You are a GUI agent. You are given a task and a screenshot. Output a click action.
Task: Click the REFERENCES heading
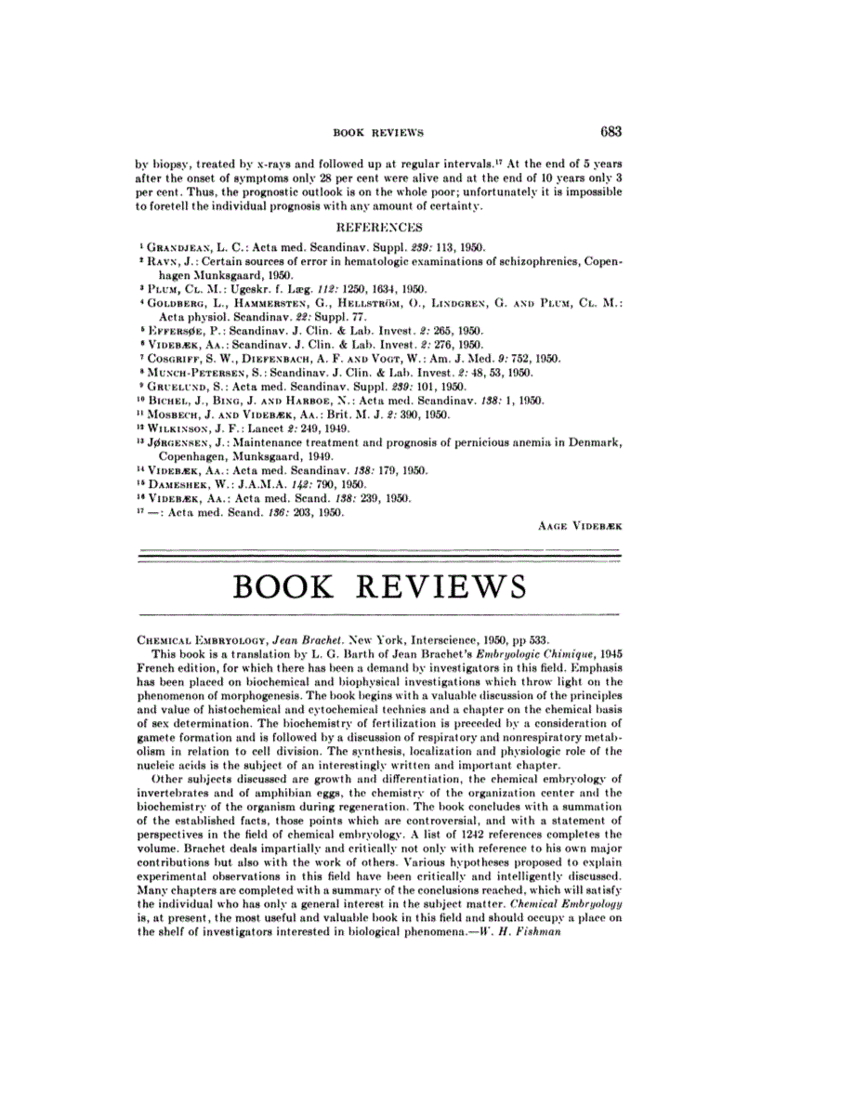tap(378, 227)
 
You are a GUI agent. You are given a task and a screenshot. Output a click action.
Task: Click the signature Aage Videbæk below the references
tap(580, 525)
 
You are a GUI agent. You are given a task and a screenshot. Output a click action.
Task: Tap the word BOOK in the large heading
tap(289, 587)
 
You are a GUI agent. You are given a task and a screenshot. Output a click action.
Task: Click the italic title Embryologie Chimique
tap(522, 655)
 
